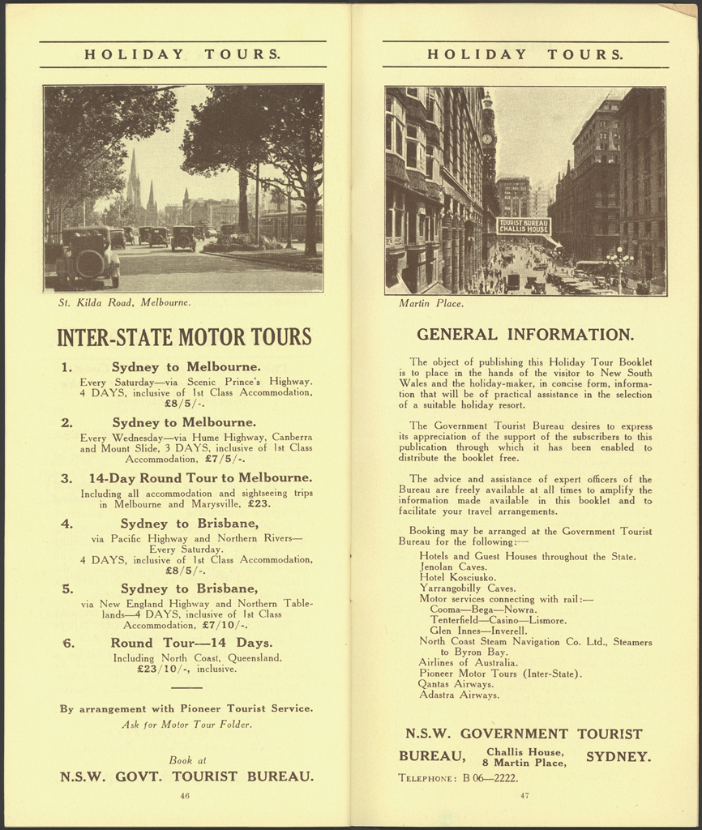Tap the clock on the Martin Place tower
pyautogui.click(x=487, y=139)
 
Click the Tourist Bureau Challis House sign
pyautogui.click(x=524, y=226)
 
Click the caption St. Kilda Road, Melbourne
pyautogui.click(x=125, y=303)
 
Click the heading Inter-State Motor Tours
pyautogui.click(x=184, y=336)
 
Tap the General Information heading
pyautogui.click(x=525, y=334)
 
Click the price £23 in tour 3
pyautogui.click(x=259, y=503)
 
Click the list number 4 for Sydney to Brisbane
pyautogui.click(x=67, y=524)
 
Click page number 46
pyautogui.click(x=185, y=796)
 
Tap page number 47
pyautogui.click(x=524, y=795)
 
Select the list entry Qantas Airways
pyautogui.click(x=456, y=684)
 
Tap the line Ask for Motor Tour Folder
pyautogui.click(x=186, y=725)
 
